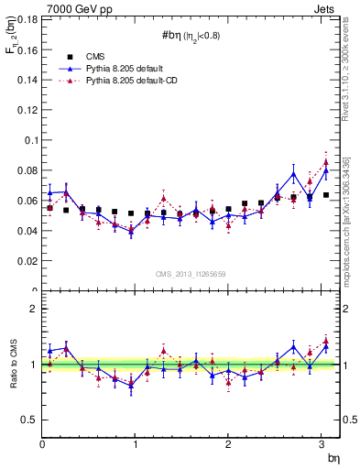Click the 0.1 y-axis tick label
[x=30, y=140]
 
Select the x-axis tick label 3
[x=321, y=444]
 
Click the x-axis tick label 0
[x=42, y=444]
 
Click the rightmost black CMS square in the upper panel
[x=326, y=195]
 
